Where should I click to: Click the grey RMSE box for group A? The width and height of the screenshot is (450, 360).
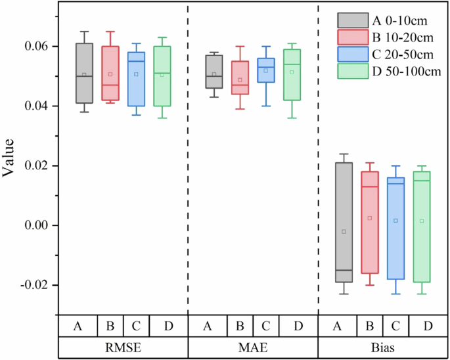click(x=84, y=72)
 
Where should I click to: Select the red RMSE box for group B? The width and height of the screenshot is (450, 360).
click(x=110, y=72)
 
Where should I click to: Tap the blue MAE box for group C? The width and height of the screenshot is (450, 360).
click(x=266, y=70)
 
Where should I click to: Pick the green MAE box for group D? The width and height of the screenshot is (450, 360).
click(x=292, y=74)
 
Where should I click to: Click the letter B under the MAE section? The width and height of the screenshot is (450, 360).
click(x=240, y=326)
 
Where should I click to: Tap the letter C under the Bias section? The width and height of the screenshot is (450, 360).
click(x=395, y=326)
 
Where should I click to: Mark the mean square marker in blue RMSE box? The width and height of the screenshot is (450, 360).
click(x=136, y=74)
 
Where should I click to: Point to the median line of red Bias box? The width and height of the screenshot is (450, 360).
click(x=369, y=187)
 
